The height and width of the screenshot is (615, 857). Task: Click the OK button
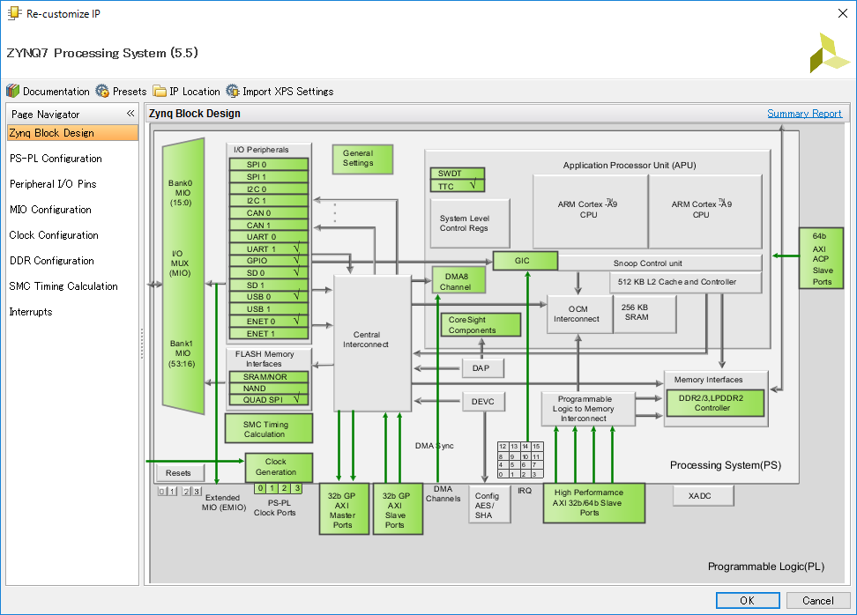[x=748, y=600]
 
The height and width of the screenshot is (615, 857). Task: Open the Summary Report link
[x=804, y=114]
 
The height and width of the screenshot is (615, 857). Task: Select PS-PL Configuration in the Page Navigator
[x=56, y=159]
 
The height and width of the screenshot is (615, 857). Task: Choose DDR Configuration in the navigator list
[x=52, y=261]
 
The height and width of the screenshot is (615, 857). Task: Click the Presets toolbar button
[x=122, y=92]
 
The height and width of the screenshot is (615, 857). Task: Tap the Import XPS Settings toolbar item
[x=279, y=92]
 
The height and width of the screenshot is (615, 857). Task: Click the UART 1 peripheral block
[x=268, y=249]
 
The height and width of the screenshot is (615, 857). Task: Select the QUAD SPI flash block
[x=268, y=400]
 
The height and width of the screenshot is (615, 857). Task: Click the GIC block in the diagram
[x=525, y=261]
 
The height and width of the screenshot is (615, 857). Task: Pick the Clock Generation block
[x=279, y=467]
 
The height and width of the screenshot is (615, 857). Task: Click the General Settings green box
[x=362, y=159]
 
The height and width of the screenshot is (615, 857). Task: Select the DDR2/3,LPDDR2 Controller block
[x=715, y=403]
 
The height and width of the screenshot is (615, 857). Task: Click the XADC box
[x=703, y=496]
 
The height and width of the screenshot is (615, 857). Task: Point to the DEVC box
[x=483, y=402]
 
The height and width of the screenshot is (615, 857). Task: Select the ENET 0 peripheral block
[x=268, y=321]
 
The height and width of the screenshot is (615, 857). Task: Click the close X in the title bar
[x=842, y=13]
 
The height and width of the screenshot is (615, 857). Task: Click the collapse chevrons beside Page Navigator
[x=130, y=114]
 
